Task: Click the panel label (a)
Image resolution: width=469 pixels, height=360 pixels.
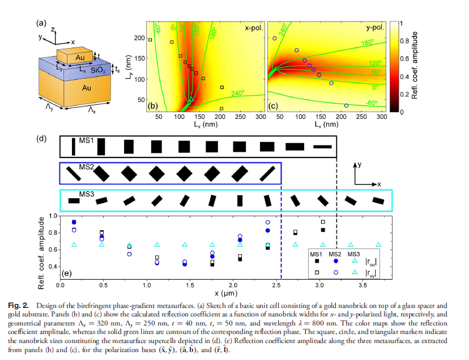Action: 41,23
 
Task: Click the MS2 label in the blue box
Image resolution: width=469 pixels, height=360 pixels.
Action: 86,168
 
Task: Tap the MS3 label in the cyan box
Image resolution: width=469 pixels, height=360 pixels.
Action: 86,195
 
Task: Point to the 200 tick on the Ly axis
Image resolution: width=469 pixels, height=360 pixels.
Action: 138,37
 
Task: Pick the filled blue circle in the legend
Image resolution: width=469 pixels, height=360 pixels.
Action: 336,261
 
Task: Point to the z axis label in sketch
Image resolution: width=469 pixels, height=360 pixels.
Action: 52,28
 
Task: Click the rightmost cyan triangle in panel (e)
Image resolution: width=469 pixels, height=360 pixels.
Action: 378,245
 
